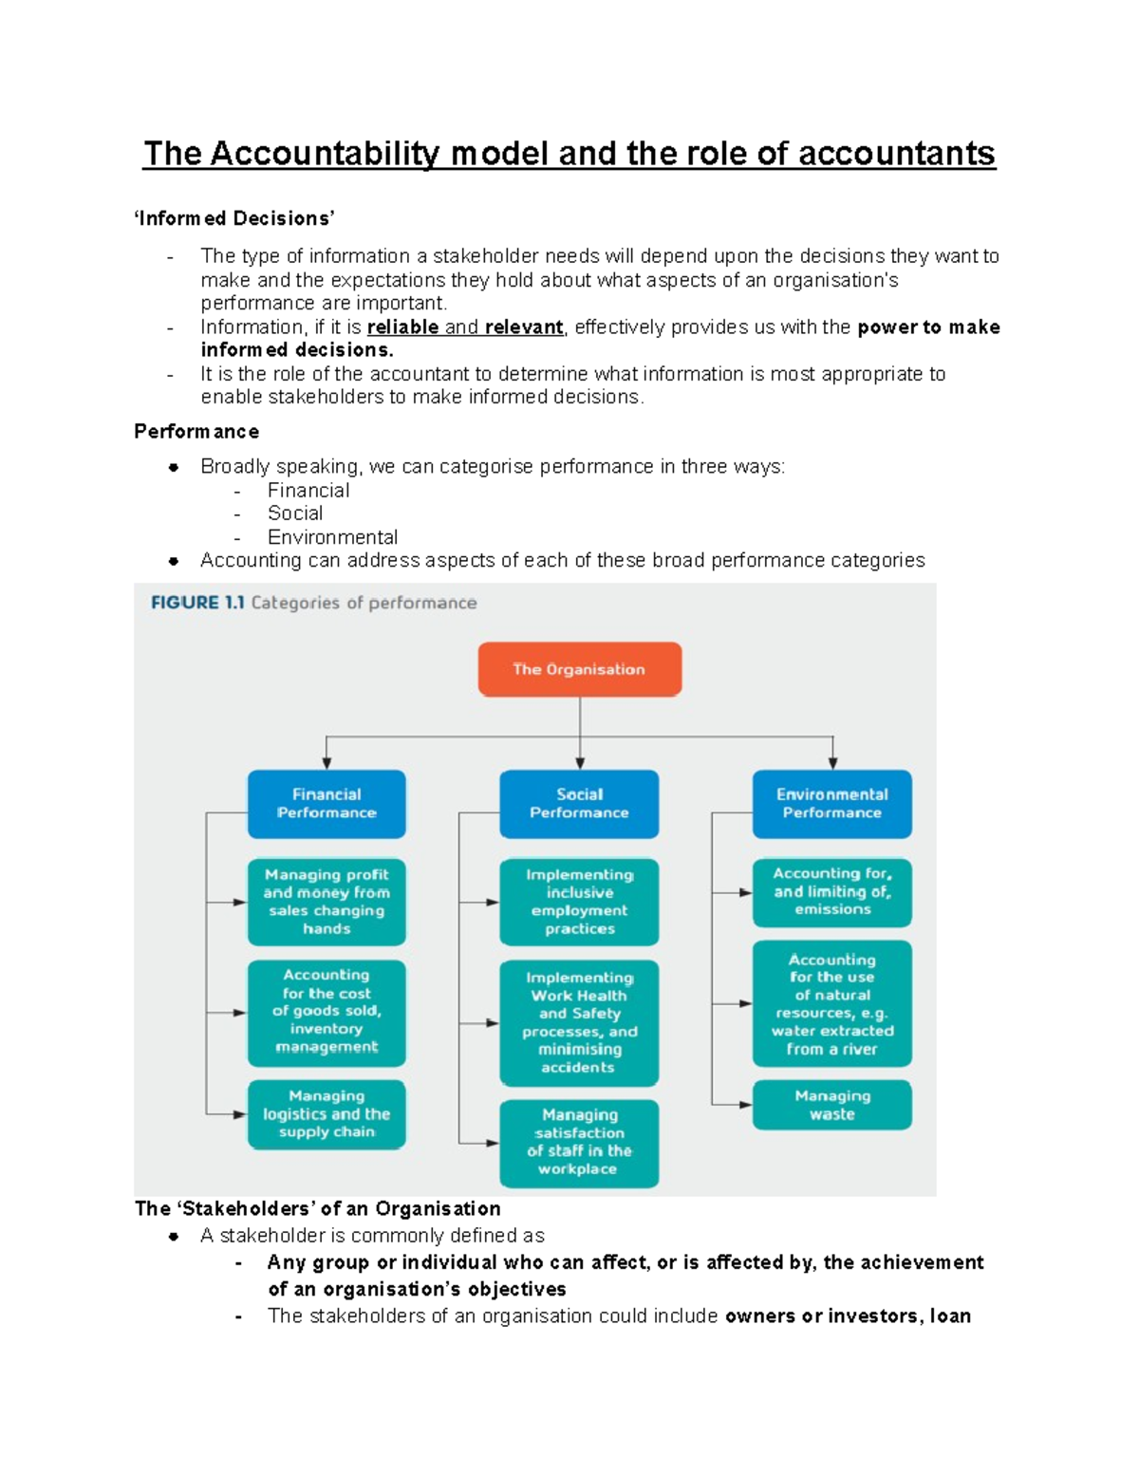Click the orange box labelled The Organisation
[x=579, y=669]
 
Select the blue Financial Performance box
[x=327, y=803]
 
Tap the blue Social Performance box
[x=579, y=803]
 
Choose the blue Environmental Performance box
[x=831, y=803]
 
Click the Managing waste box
[x=831, y=1105]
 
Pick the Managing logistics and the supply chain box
[x=327, y=1114]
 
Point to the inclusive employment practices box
[x=579, y=902]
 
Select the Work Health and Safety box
[x=579, y=1022]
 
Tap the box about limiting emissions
[x=831, y=892]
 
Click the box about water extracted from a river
[x=831, y=1004]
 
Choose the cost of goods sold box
[x=327, y=1012]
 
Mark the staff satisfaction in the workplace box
[x=579, y=1143]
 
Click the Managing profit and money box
[x=327, y=902]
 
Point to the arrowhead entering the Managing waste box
[x=745, y=1105]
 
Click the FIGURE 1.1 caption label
[x=197, y=603]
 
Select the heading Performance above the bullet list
[x=196, y=432]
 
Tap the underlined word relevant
[x=524, y=327]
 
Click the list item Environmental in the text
[x=332, y=537]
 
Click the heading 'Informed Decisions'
[x=234, y=218]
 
